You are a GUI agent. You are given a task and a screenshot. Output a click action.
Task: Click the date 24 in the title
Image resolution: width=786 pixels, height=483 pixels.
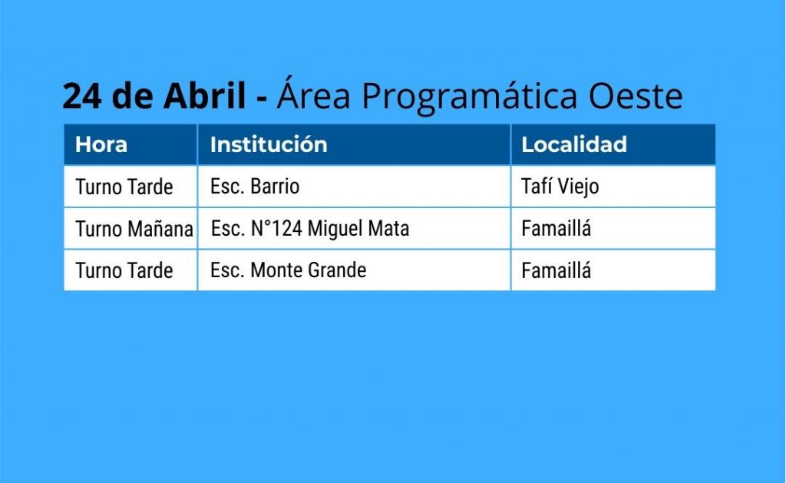pos(82,95)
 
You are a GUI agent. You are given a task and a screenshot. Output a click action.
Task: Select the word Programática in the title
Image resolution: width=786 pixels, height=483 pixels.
pos(470,96)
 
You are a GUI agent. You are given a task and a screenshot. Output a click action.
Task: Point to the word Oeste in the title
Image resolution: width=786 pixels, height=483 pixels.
pos(635,95)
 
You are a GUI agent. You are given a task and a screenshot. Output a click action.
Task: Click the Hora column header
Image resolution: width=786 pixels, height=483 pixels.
pos(101,144)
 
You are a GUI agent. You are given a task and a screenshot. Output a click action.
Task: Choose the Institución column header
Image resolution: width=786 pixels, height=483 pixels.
pos(269,144)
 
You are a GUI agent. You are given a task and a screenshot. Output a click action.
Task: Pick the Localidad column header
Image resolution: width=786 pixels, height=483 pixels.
pos(574,144)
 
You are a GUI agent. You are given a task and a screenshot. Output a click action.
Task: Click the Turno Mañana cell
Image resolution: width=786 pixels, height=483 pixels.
pos(134,229)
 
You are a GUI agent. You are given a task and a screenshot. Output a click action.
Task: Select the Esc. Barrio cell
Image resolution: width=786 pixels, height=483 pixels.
pos(255,187)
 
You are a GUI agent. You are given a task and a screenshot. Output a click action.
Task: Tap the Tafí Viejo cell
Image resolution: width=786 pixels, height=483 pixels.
pos(560,187)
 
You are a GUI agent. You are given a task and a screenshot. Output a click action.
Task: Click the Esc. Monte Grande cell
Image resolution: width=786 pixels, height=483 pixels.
pos(289,270)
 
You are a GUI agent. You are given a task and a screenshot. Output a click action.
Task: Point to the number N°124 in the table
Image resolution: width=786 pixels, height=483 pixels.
pos(276,229)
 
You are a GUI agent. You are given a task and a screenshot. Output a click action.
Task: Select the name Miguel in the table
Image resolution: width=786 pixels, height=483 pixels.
pos(335,229)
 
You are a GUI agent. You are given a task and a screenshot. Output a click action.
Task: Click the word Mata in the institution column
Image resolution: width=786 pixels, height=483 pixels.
pos(388,229)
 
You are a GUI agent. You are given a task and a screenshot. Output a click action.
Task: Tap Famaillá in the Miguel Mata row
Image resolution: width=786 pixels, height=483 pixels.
pos(556,229)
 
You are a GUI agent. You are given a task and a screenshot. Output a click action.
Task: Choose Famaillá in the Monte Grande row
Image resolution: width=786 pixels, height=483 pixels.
pos(556,271)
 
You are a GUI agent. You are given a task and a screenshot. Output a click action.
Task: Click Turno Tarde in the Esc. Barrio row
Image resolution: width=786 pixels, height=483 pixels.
pos(124,187)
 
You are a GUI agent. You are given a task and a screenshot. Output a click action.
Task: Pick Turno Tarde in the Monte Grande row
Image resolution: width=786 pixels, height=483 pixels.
pos(124,271)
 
